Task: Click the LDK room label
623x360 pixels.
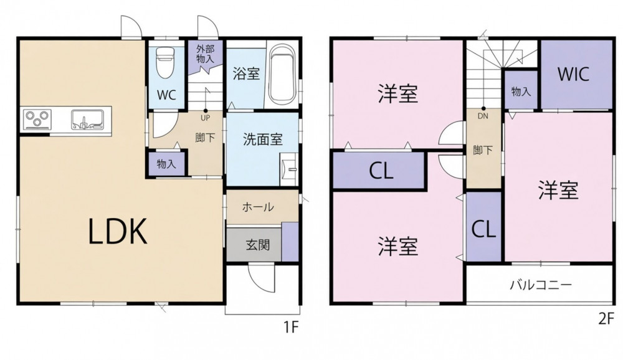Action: tap(118, 231)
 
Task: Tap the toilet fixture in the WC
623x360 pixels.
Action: tap(165, 62)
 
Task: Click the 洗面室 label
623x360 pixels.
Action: tap(263, 140)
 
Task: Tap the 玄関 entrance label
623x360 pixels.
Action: tap(258, 244)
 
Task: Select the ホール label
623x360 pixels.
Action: tap(258, 207)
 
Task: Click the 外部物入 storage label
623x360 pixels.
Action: tap(206, 54)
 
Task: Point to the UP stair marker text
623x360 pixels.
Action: tap(206, 118)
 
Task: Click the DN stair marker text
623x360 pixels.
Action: tap(483, 116)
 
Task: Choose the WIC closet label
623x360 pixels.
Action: tap(573, 74)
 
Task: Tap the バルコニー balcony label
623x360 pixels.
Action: tap(541, 285)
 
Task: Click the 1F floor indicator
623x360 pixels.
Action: tap(290, 327)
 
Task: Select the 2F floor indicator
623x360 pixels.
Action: tap(606, 319)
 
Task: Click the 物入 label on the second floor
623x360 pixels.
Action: tap(521, 92)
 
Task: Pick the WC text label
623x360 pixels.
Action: tap(166, 95)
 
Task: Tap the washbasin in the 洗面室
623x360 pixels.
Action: tap(289, 169)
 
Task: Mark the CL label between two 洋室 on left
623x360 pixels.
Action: tap(381, 171)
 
